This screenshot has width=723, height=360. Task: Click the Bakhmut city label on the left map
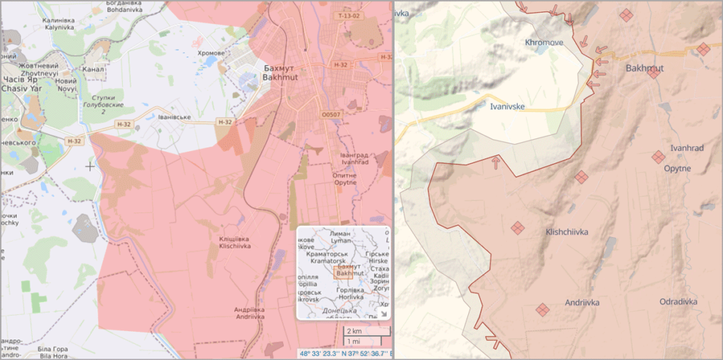tap(281, 72)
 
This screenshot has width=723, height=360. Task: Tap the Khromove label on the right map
tap(544, 43)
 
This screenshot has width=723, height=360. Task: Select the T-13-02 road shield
tap(348, 15)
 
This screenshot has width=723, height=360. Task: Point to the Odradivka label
tap(678, 301)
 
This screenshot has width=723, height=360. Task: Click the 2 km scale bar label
tap(353, 331)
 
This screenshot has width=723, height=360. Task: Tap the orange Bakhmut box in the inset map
tap(343, 272)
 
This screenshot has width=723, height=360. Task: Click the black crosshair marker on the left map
tap(90, 166)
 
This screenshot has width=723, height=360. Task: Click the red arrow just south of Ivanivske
tap(496, 162)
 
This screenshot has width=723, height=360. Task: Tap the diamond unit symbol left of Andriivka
tap(542, 309)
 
